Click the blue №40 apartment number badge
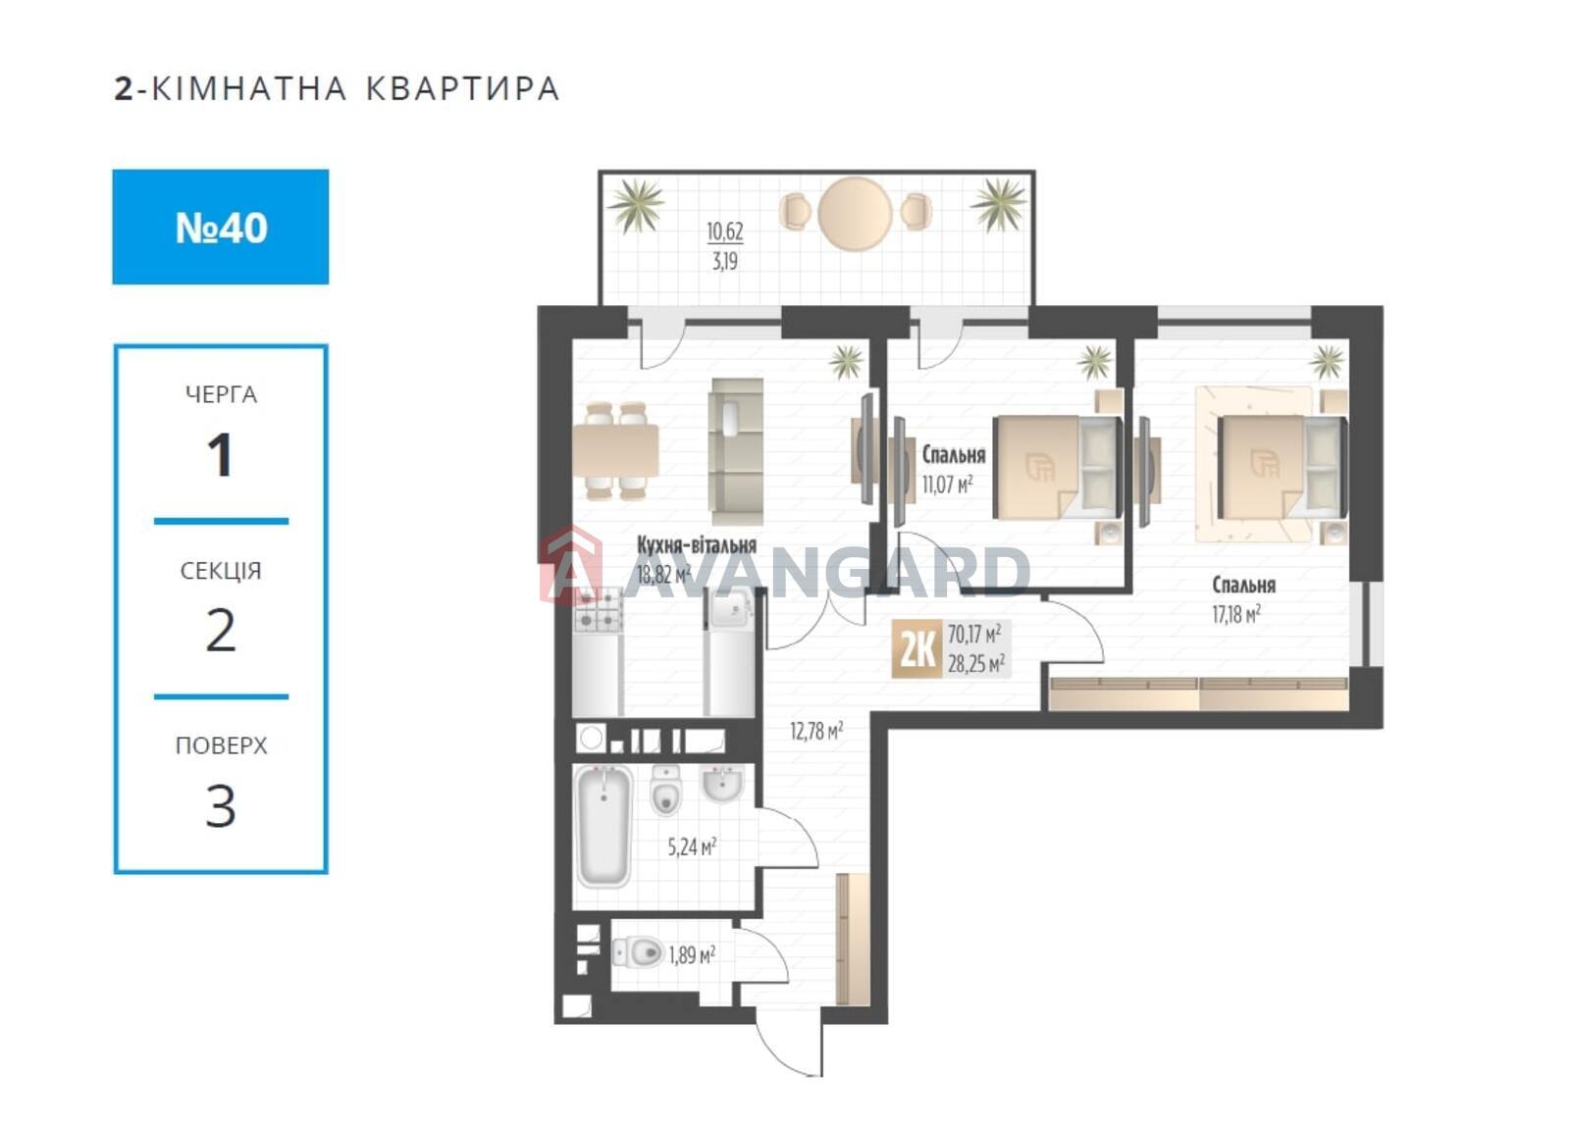[x=220, y=227]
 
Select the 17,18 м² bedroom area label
[x=1236, y=614]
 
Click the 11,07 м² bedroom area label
[x=947, y=484]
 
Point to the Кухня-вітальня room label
[x=696, y=545]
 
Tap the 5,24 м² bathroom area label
[x=692, y=847]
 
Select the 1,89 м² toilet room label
[x=692, y=954]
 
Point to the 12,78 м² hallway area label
[x=816, y=732]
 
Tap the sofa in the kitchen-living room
[x=736, y=452]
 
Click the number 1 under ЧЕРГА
[x=220, y=455]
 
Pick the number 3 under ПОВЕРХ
[x=220, y=805]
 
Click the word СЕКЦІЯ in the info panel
[x=221, y=571]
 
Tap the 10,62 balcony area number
[x=725, y=231]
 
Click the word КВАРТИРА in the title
[x=462, y=89]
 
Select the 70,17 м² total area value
[x=974, y=635]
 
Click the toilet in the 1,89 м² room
[x=638, y=952]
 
